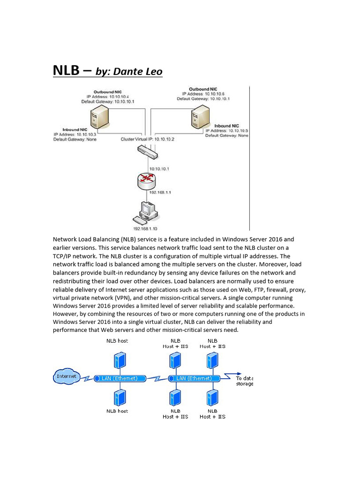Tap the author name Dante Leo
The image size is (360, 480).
pos(139,72)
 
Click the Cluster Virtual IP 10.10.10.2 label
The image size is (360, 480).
pos(141,139)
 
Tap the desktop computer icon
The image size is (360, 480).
pos(146,212)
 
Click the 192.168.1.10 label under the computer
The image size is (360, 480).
pos(145,229)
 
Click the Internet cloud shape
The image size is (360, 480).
pos(66,376)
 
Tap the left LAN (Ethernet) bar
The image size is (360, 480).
pos(119,378)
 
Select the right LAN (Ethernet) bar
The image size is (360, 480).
pos(194,378)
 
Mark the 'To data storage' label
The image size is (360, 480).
pos(244,381)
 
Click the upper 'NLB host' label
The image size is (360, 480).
pos(117,341)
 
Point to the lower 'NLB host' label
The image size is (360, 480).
pos(117,411)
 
